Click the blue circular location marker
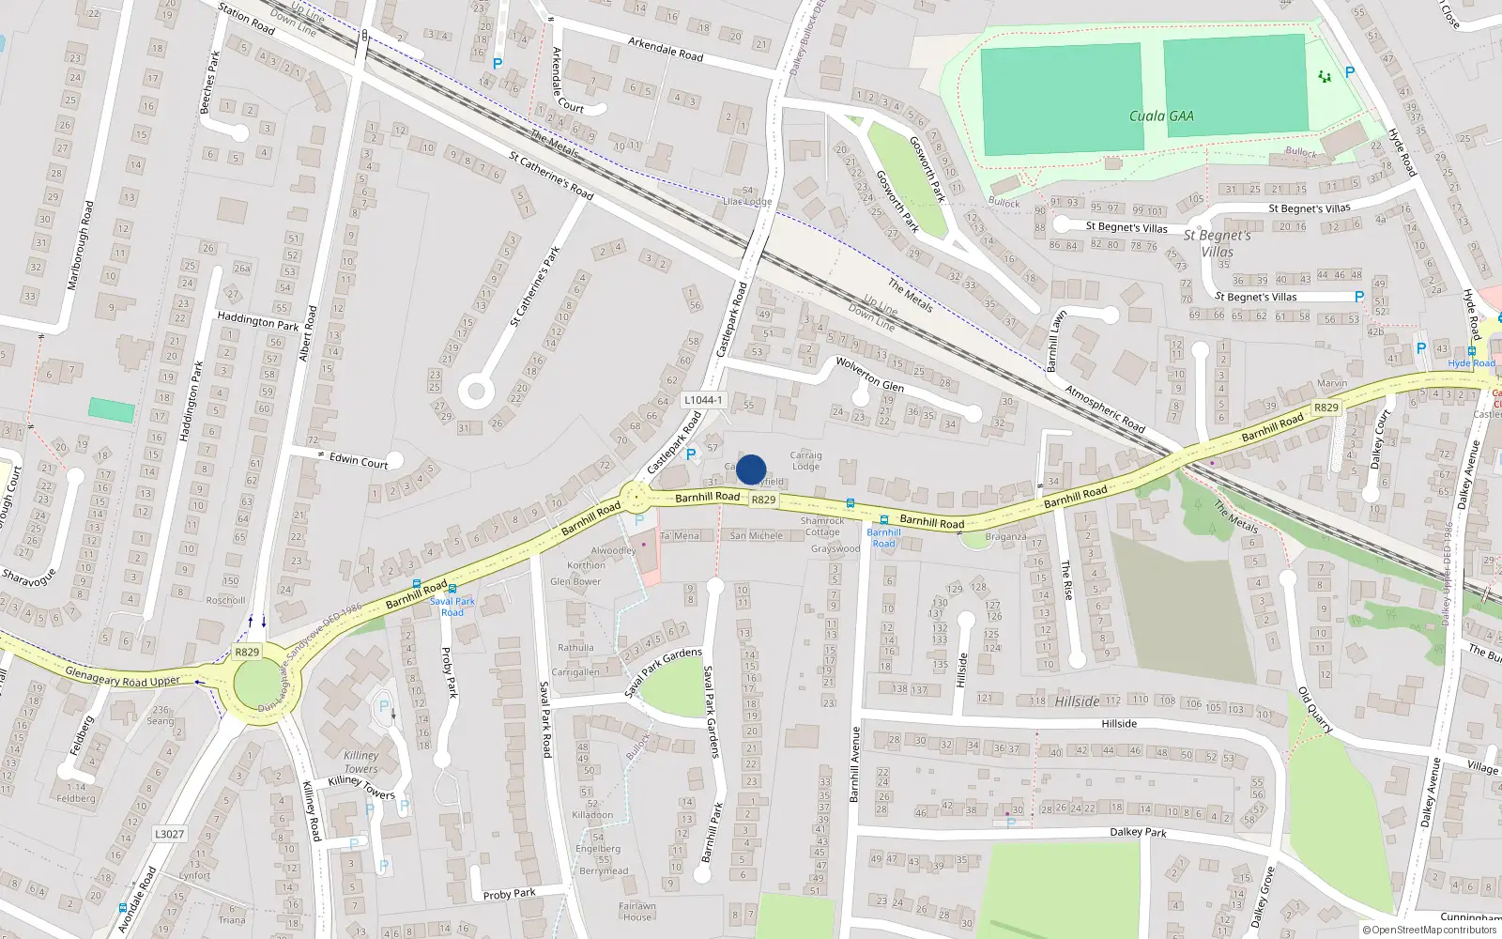coord(751,469)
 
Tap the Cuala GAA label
coord(1161,116)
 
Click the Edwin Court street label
coord(359,460)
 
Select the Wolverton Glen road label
coord(869,375)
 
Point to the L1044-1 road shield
coord(703,400)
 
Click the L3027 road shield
coord(170,834)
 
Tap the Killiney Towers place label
coord(361,762)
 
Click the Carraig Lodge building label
coord(805,460)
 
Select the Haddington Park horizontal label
coord(257,321)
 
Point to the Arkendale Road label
coord(666,49)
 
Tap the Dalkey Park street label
coord(1138,832)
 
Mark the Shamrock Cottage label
coord(822,526)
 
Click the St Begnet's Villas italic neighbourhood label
coord(1218,243)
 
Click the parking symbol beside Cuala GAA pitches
coord(1350,72)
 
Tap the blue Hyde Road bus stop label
coord(1471,363)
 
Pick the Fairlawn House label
coord(637,912)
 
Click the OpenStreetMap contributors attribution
coord(1430,930)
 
